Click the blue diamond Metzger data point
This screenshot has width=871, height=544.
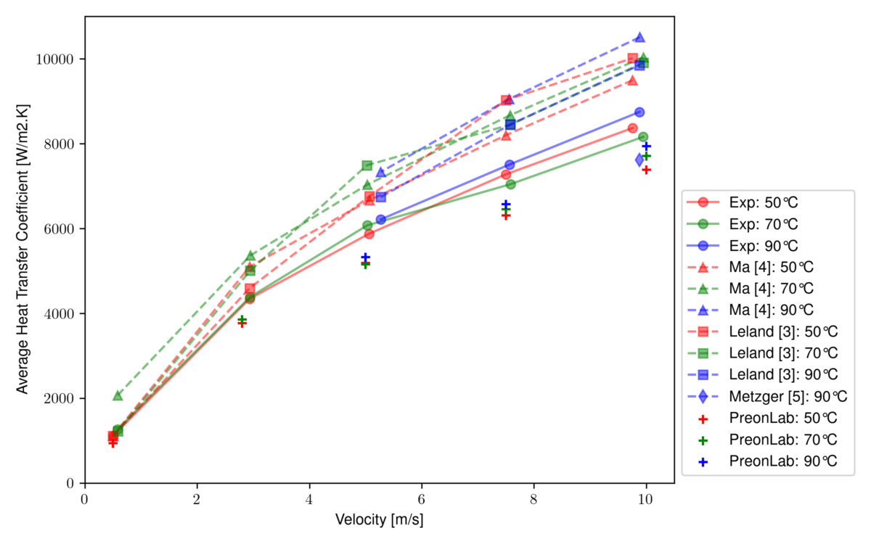(639, 160)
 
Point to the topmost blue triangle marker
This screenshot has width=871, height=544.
(639, 37)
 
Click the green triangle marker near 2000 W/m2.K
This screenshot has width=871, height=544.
(118, 395)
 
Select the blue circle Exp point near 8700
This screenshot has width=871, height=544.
(639, 112)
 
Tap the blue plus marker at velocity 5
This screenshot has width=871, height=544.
(366, 257)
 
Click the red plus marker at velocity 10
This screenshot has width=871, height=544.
(646, 170)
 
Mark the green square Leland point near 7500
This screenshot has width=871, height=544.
(367, 165)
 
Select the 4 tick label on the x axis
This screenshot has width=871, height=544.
(309, 499)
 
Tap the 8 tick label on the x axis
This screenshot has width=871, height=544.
(533, 499)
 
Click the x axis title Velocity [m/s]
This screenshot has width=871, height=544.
(379, 520)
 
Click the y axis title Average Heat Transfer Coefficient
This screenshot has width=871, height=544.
(23, 250)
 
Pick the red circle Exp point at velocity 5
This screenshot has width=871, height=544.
(369, 234)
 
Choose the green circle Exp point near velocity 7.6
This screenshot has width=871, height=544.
(511, 184)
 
